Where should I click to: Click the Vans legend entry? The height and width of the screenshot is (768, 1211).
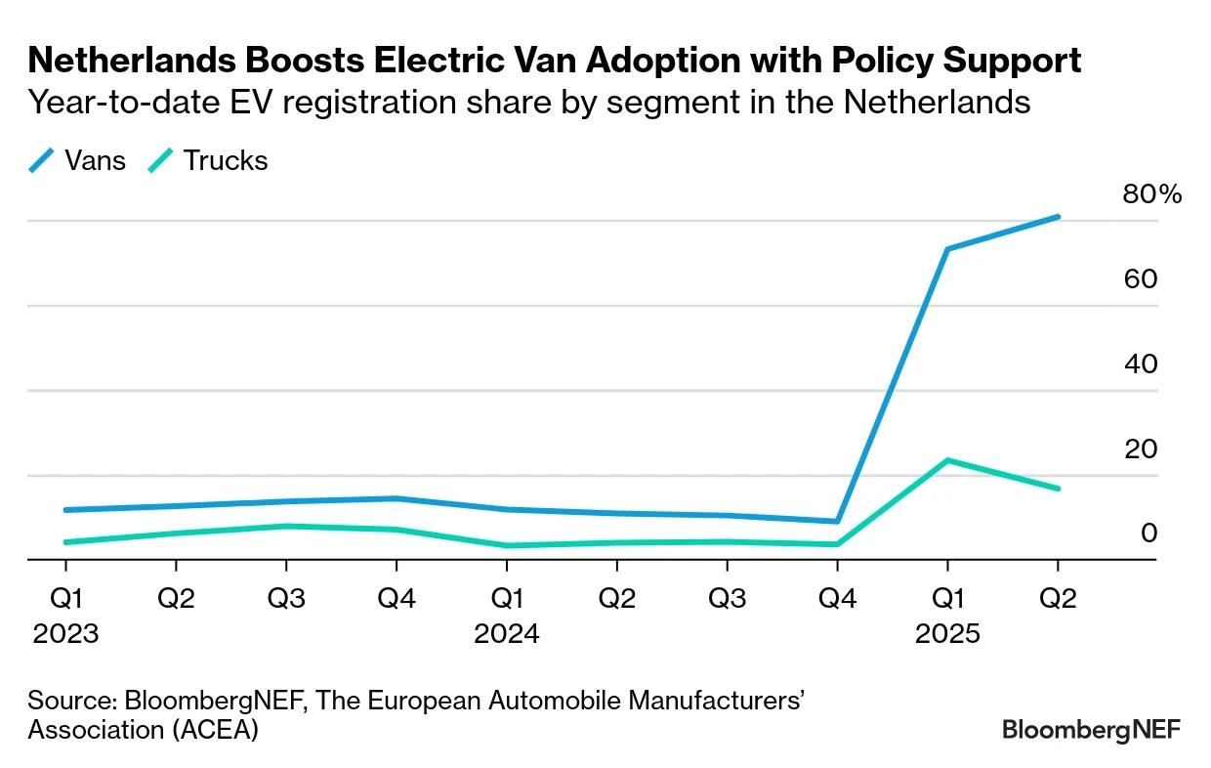78,160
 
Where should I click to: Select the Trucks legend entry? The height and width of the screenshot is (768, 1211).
207,160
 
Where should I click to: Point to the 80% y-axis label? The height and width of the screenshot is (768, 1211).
1151,194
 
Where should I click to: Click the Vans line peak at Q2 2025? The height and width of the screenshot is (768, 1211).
1058,217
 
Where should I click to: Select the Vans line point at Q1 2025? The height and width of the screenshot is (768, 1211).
946,249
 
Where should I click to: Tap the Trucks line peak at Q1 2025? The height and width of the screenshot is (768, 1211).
946,460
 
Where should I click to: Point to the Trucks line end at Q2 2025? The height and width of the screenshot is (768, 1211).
1058,489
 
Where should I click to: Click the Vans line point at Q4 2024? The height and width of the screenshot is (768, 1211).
837,522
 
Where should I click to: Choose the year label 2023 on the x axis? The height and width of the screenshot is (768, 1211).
65,634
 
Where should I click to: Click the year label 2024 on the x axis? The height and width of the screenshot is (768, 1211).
506,634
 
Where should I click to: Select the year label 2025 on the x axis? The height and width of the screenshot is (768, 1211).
946,634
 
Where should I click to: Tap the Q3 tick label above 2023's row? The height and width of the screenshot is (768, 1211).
286,598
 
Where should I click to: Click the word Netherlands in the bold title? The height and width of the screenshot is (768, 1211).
133,62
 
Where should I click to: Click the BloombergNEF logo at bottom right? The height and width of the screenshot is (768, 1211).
1092,729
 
